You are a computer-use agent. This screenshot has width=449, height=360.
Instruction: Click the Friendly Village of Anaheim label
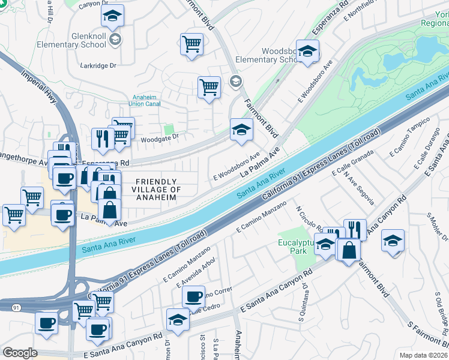[x=156, y=189]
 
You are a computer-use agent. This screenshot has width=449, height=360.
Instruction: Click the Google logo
[x=20, y=353]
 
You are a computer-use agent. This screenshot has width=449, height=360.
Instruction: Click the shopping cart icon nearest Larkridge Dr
[x=191, y=43]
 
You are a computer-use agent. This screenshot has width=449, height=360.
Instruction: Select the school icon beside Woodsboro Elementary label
[x=307, y=51]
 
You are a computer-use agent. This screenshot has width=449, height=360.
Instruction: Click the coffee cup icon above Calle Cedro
[x=193, y=296]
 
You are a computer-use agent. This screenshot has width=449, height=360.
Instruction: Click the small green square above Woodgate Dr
[x=169, y=129]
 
